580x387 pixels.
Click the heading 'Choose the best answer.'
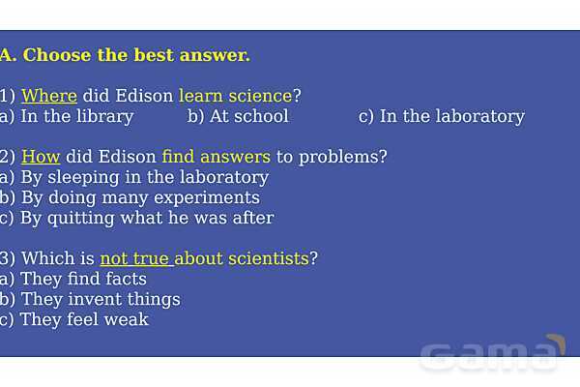136,55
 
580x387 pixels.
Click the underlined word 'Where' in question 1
49,96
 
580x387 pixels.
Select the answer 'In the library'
77,117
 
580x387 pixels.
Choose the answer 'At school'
249,116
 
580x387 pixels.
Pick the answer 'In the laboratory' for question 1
452,117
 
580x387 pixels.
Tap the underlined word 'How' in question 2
41,157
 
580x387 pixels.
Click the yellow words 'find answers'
217,157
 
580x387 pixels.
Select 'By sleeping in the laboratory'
145,178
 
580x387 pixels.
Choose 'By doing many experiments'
140,198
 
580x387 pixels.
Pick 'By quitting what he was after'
147,218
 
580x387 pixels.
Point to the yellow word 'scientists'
269,258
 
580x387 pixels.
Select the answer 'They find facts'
84,280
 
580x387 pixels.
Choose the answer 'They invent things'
101,300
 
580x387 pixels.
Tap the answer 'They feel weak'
84,319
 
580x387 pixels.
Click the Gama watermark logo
492,354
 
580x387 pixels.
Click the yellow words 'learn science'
236,96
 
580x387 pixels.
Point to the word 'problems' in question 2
338,158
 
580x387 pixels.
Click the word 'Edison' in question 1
144,96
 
